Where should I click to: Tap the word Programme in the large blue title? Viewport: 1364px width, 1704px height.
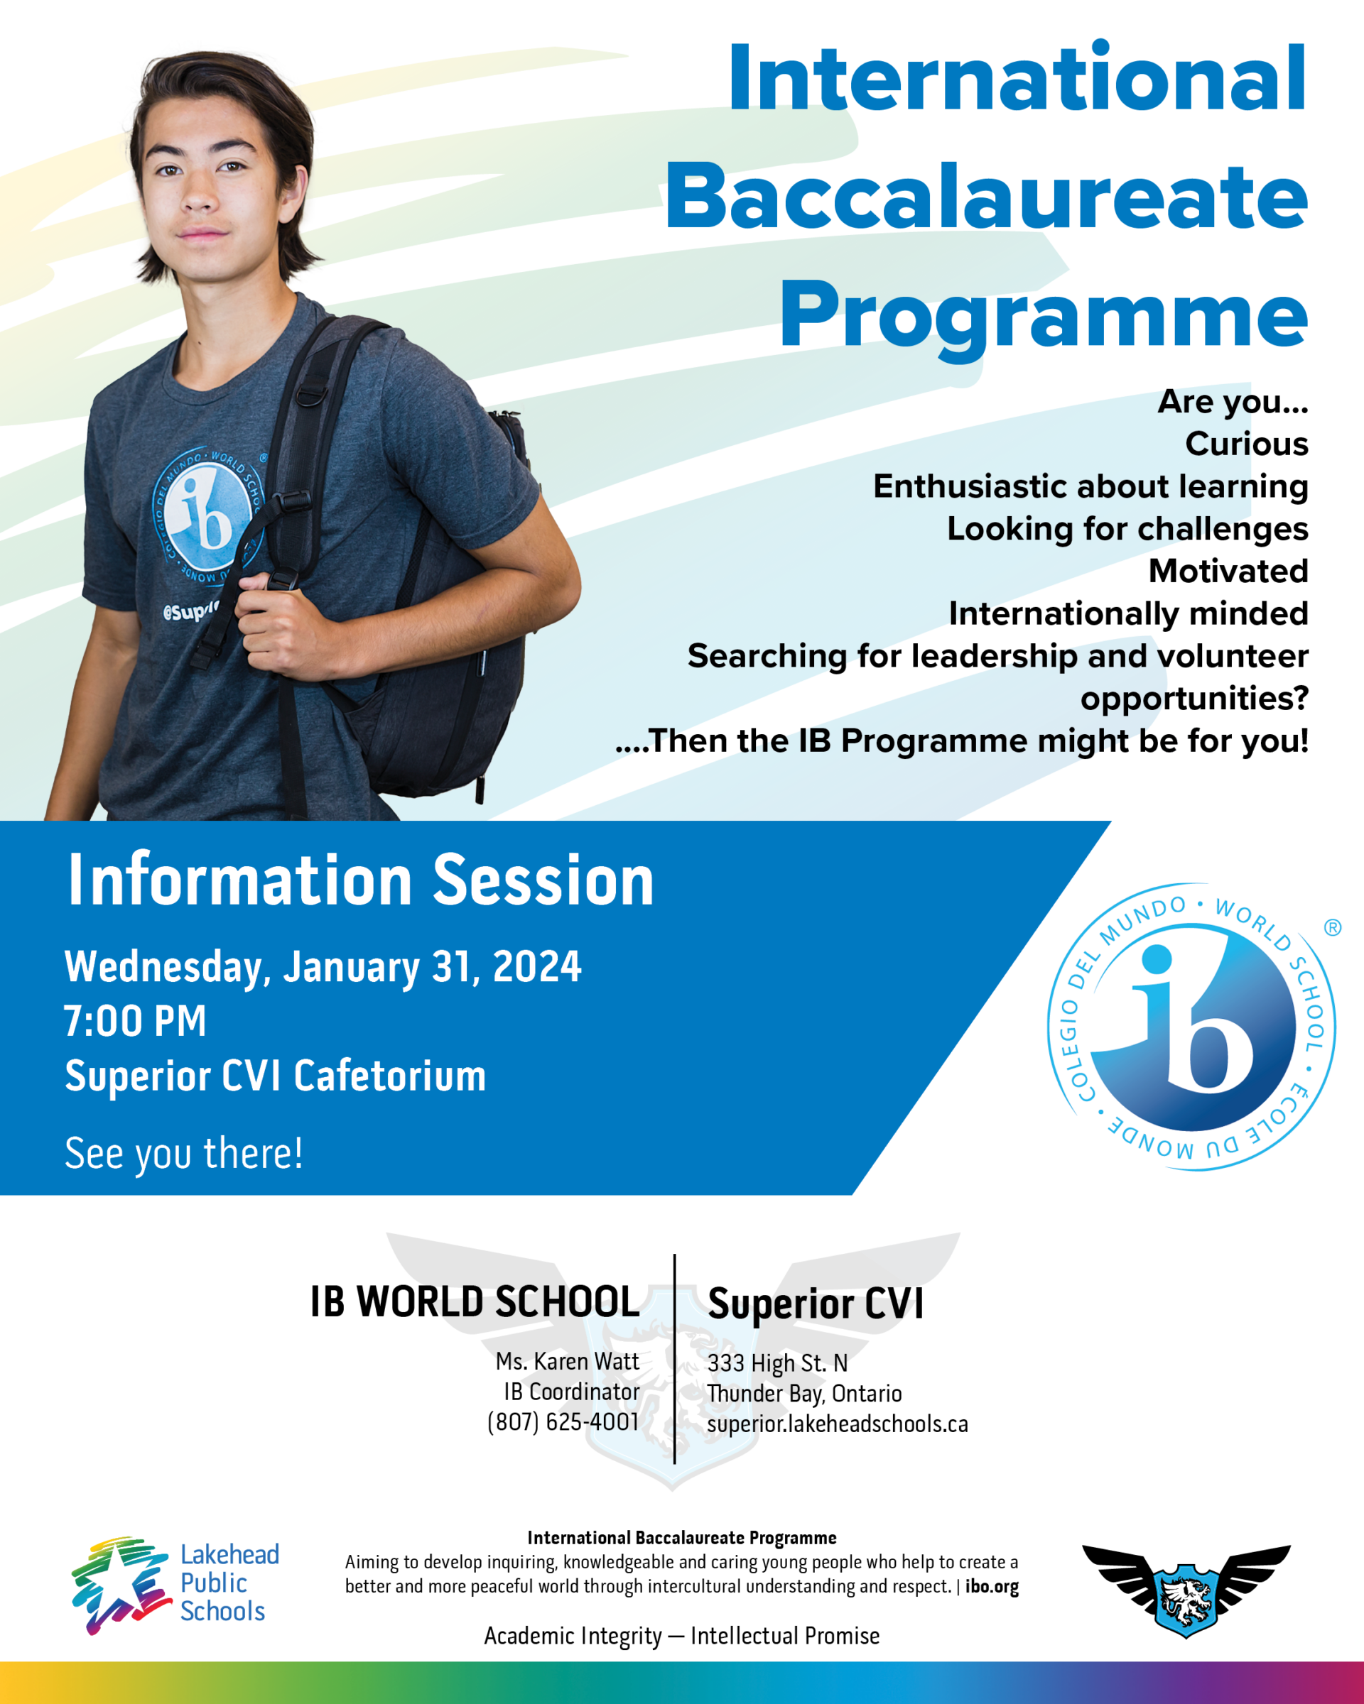(x=1043, y=315)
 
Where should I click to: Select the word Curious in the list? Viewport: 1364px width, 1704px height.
(x=1246, y=444)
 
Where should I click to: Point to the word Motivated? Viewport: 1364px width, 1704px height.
(x=1228, y=572)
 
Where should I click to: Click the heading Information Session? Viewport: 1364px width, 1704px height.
(x=361, y=880)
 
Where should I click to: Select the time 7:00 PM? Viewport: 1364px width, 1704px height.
(x=135, y=1021)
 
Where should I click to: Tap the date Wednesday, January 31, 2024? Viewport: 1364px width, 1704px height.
(x=323, y=966)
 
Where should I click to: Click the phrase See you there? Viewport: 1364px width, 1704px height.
(x=183, y=1153)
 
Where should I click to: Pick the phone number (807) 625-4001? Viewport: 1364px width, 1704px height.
(x=563, y=1422)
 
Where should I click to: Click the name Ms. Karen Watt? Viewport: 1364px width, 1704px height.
(x=567, y=1361)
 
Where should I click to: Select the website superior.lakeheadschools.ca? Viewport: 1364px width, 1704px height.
(x=838, y=1424)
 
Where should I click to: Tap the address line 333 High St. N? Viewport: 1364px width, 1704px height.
(x=777, y=1362)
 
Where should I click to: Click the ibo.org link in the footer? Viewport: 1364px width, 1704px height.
(x=992, y=1586)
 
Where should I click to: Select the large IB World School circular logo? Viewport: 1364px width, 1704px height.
(x=1191, y=1027)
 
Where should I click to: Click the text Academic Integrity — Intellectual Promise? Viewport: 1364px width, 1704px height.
(x=681, y=1635)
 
